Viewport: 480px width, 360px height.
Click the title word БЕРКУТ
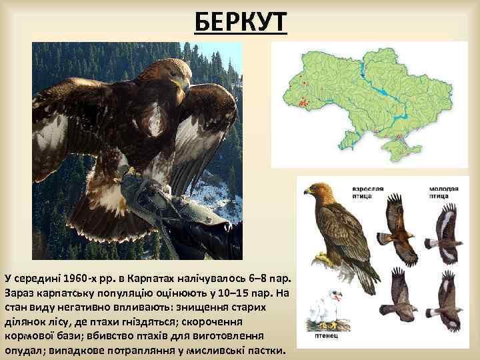[241, 24]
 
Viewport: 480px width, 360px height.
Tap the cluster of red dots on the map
[305, 103]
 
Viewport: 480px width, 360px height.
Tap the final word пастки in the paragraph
[266, 351]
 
